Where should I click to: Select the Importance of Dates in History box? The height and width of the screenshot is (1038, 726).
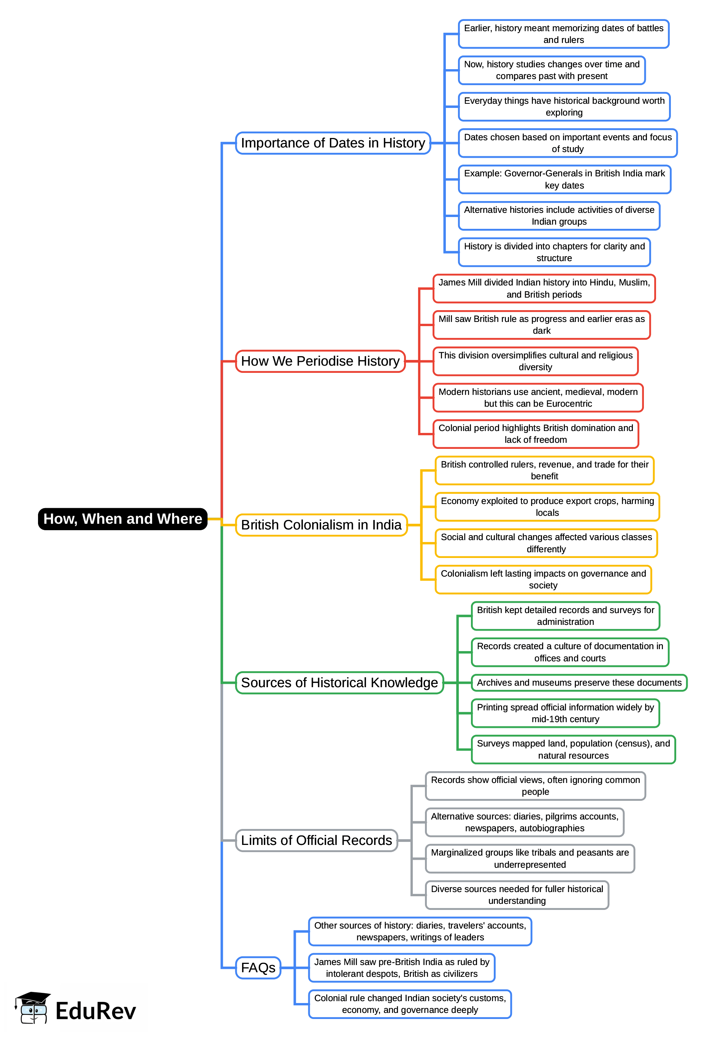pyautogui.click(x=333, y=143)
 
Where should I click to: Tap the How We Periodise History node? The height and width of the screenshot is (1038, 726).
pyautogui.click(x=320, y=361)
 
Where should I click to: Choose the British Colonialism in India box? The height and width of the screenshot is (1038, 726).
pyautogui.click(x=321, y=525)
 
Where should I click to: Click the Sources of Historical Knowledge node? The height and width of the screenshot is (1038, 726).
pyautogui.click(x=339, y=682)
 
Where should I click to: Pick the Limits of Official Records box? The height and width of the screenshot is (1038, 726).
pyautogui.click(x=317, y=840)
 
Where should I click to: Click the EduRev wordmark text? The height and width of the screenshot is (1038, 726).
pyautogui.click(x=95, y=1011)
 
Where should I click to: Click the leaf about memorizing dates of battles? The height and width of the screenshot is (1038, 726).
pyautogui.click(x=563, y=34)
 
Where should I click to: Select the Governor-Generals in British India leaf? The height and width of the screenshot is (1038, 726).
pyautogui.click(x=564, y=179)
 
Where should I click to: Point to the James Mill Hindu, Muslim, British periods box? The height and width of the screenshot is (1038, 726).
pyautogui.click(x=544, y=288)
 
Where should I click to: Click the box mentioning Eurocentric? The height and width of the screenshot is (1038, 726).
pyautogui.click(x=538, y=398)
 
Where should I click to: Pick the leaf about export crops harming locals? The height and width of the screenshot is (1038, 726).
pyautogui.click(x=547, y=507)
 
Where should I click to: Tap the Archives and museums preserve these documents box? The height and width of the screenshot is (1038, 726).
pyautogui.click(x=579, y=683)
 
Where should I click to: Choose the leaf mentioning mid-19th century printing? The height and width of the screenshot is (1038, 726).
pyautogui.click(x=565, y=713)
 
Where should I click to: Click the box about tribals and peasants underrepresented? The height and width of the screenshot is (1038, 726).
pyautogui.click(x=530, y=859)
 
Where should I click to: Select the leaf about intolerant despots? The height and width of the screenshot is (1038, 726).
pyautogui.click(x=401, y=968)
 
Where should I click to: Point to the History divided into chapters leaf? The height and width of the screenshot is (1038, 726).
pyautogui.click(x=554, y=252)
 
